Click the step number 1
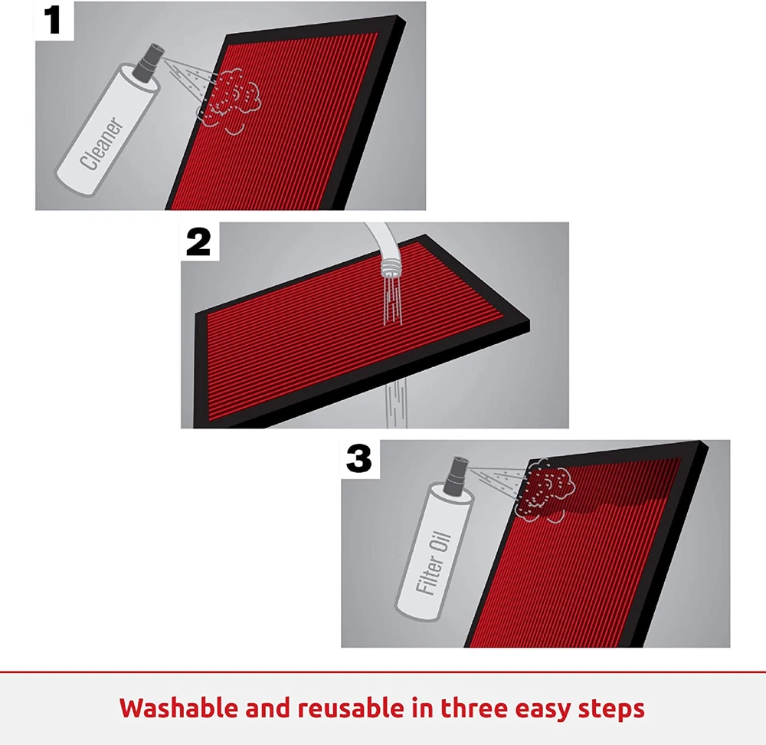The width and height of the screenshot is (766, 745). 53,20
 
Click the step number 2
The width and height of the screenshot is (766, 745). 198,242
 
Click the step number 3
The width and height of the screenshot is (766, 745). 359,459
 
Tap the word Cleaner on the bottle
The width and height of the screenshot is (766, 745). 102,144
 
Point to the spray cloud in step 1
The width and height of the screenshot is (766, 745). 230,100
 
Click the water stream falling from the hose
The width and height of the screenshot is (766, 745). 392,299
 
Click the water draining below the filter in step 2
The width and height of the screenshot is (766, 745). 397,403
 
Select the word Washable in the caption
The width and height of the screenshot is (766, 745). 178,707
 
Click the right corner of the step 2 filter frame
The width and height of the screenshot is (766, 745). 529,323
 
